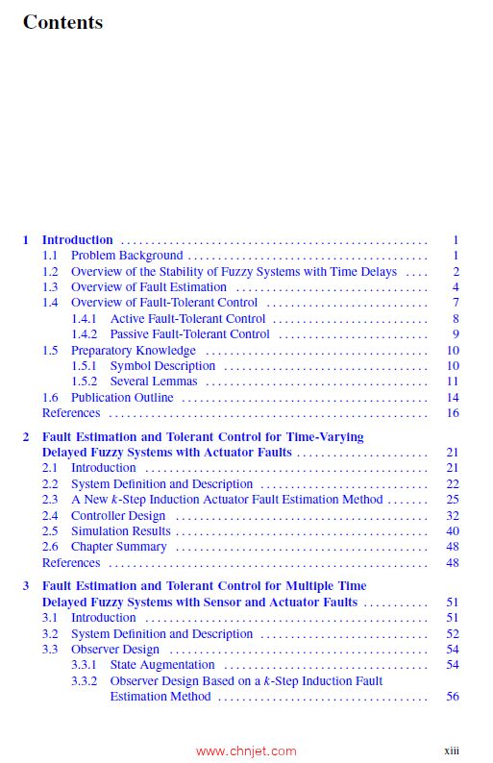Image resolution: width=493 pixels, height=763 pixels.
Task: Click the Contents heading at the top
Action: tap(62, 22)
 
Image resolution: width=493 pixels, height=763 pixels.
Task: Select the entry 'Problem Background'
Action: tap(126, 256)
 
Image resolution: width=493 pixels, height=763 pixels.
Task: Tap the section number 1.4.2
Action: tap(85, 334)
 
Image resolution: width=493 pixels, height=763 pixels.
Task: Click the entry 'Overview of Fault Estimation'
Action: tap(148, 287)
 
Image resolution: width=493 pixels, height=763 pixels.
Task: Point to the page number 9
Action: tap(456, 334)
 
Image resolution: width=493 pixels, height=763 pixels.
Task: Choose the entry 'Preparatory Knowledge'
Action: tap(133, 351)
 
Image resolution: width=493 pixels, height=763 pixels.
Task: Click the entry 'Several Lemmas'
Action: tap(154, 381)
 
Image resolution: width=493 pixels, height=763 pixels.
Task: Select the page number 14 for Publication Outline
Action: tap(453, 398)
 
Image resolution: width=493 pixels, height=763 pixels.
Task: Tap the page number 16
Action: tap(453, 413)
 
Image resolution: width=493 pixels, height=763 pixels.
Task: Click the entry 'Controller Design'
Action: tap(118, 516)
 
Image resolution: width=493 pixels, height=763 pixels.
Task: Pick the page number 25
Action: tap(453, 500)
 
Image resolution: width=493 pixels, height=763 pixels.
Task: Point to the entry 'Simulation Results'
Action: tap(120, 531)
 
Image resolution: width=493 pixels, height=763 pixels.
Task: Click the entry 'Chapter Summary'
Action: tap(118, 547)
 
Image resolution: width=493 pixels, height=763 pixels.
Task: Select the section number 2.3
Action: tap(50, 500)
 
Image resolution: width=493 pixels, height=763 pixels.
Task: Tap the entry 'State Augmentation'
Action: tap(162, 665)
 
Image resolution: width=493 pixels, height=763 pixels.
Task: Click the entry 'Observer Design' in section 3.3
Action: tap(114, 650)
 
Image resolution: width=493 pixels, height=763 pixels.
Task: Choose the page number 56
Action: tap(453, 697)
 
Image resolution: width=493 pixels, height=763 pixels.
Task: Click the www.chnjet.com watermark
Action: tap(246, 751)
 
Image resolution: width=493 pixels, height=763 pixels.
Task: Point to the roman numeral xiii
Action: tap(451, 750)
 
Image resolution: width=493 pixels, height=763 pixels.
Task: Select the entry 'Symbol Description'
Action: tap(162, 366)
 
